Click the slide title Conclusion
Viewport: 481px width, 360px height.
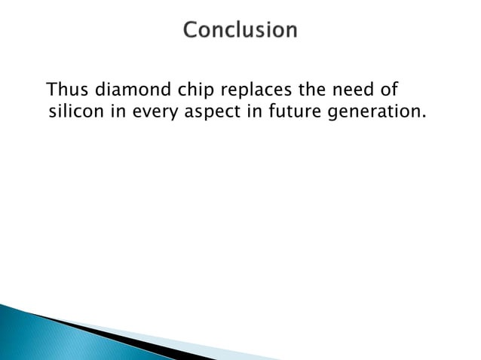tap(240, 31)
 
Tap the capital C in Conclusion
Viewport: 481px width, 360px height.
tap(191, 31)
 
